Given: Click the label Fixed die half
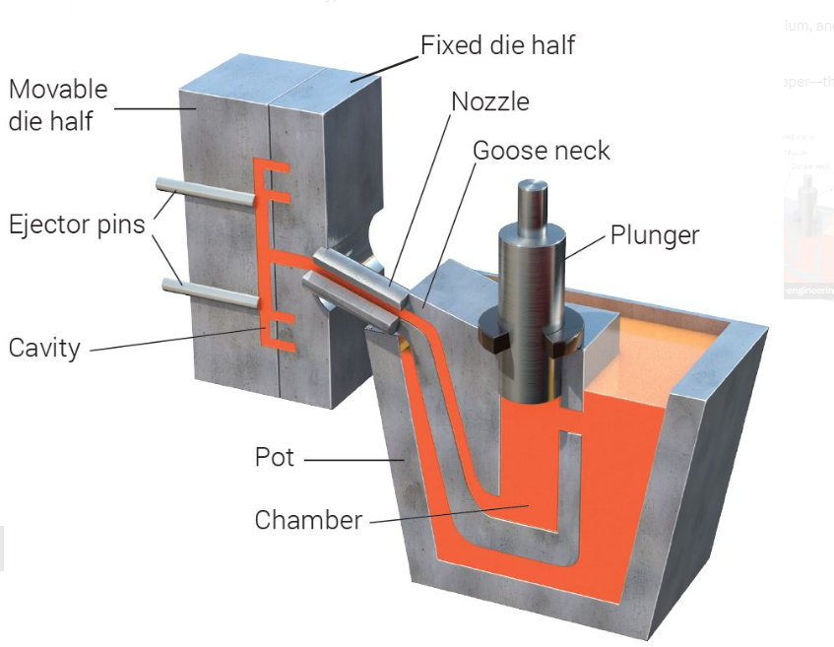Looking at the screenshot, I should pyautogui.click(x=497, y=44).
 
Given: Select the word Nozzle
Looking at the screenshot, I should pyautogui.click(x=489, y=101).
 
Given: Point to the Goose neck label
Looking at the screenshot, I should pyautogui.click(x=541, y=151).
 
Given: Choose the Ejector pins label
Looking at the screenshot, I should pyautogui.click(x=76, y=224).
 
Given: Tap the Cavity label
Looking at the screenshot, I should pyautogui.click(x=44, y=348).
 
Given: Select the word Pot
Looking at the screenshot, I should pyautogui.click(x=275, y=458).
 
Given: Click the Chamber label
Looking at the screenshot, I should pyautogui.click(x=308, y=520).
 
